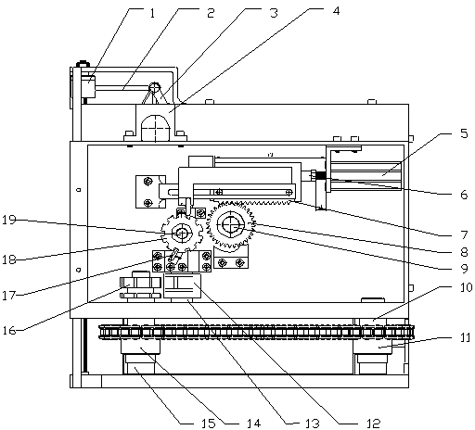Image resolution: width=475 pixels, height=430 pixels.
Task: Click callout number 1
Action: (x=152, y=13)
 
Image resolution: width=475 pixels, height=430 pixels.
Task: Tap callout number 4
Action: (x=336, y=11)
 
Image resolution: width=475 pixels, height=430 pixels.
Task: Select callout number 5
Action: (x=464, y=133)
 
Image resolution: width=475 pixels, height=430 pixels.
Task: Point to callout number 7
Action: (x=464, y=235)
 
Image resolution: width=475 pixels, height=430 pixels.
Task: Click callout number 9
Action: (x=464, y=269)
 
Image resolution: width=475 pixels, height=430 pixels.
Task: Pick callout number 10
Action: (x=466, y=287)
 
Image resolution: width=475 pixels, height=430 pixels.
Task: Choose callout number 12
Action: (x=374, y=424)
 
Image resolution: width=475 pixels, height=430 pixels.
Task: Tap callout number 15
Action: (x=209, y=424)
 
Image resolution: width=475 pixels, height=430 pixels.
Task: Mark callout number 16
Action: (x=9, y=331)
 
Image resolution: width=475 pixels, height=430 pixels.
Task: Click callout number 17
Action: (x=9, y=296)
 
